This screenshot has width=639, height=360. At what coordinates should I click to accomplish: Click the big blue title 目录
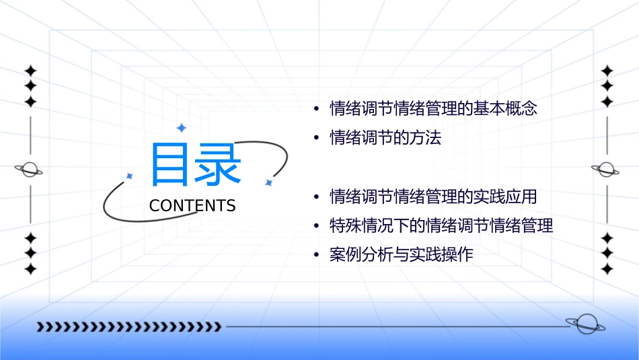coord(195,165)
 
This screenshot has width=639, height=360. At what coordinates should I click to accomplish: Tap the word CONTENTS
coord(192,206)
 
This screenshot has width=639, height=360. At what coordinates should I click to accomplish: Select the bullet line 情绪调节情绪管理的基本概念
coord(433,109)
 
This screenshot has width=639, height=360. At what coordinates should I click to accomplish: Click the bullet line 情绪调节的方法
coord(385,139)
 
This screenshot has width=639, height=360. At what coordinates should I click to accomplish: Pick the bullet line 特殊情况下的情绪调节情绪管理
coord(441,226)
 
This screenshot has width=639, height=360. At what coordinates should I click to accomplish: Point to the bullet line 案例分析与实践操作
coord(401,256)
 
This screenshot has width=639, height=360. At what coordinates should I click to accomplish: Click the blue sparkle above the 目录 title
coord(181,128)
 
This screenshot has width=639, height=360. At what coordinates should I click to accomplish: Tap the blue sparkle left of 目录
coord(129,176)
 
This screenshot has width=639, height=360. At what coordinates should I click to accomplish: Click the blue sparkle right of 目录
coord(268,182)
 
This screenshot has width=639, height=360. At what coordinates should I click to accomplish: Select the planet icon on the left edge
coord(30,170)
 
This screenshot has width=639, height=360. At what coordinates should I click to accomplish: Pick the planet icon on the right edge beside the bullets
coord(606,170)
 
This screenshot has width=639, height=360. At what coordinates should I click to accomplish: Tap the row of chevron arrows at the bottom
coord(128,327)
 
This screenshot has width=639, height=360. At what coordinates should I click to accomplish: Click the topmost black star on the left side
coord(30,71)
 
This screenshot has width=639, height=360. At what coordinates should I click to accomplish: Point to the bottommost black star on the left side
coord(30,269)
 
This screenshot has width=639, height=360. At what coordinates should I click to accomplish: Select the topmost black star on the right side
coord(607,71)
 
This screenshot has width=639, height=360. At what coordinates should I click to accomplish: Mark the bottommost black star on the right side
coord(607,269)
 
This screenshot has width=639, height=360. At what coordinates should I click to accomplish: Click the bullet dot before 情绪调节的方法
coord(316,139)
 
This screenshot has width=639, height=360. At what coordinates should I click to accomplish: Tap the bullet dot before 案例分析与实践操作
coord(316,256)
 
